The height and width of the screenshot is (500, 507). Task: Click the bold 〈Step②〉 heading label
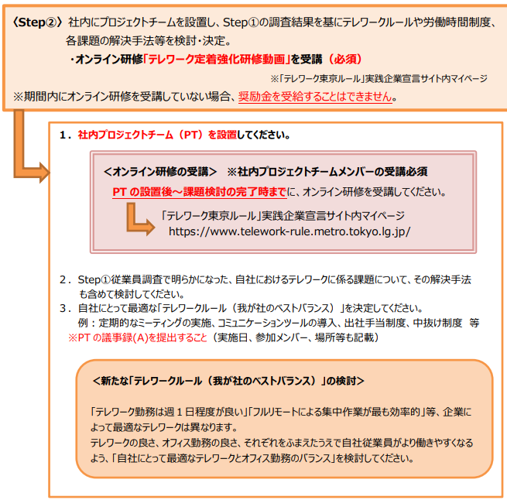(x=37, y=22)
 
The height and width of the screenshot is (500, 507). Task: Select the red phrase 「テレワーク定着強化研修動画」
(x=217, y=59)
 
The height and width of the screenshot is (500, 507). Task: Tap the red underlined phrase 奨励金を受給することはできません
(x=315, y=97)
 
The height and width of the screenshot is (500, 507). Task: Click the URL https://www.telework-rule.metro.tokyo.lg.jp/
(x=289, y=231)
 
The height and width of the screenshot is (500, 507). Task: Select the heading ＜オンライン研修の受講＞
(x=160, y=172)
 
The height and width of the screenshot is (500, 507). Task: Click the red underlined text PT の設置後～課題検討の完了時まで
(x=200, y=192)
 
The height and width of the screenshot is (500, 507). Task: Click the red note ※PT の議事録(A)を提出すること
(x=138, y=337)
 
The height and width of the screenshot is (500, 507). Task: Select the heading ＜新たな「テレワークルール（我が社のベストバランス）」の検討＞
(x=228, y=381)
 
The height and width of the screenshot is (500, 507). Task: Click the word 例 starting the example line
(x=83, y=323)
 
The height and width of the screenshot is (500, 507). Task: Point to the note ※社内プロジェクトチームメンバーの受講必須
(x=327, y=172)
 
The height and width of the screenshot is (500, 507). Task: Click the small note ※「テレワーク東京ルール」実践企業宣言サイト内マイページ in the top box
(x=379, y=79)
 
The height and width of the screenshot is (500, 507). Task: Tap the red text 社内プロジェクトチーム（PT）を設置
(x=157, y=135)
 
